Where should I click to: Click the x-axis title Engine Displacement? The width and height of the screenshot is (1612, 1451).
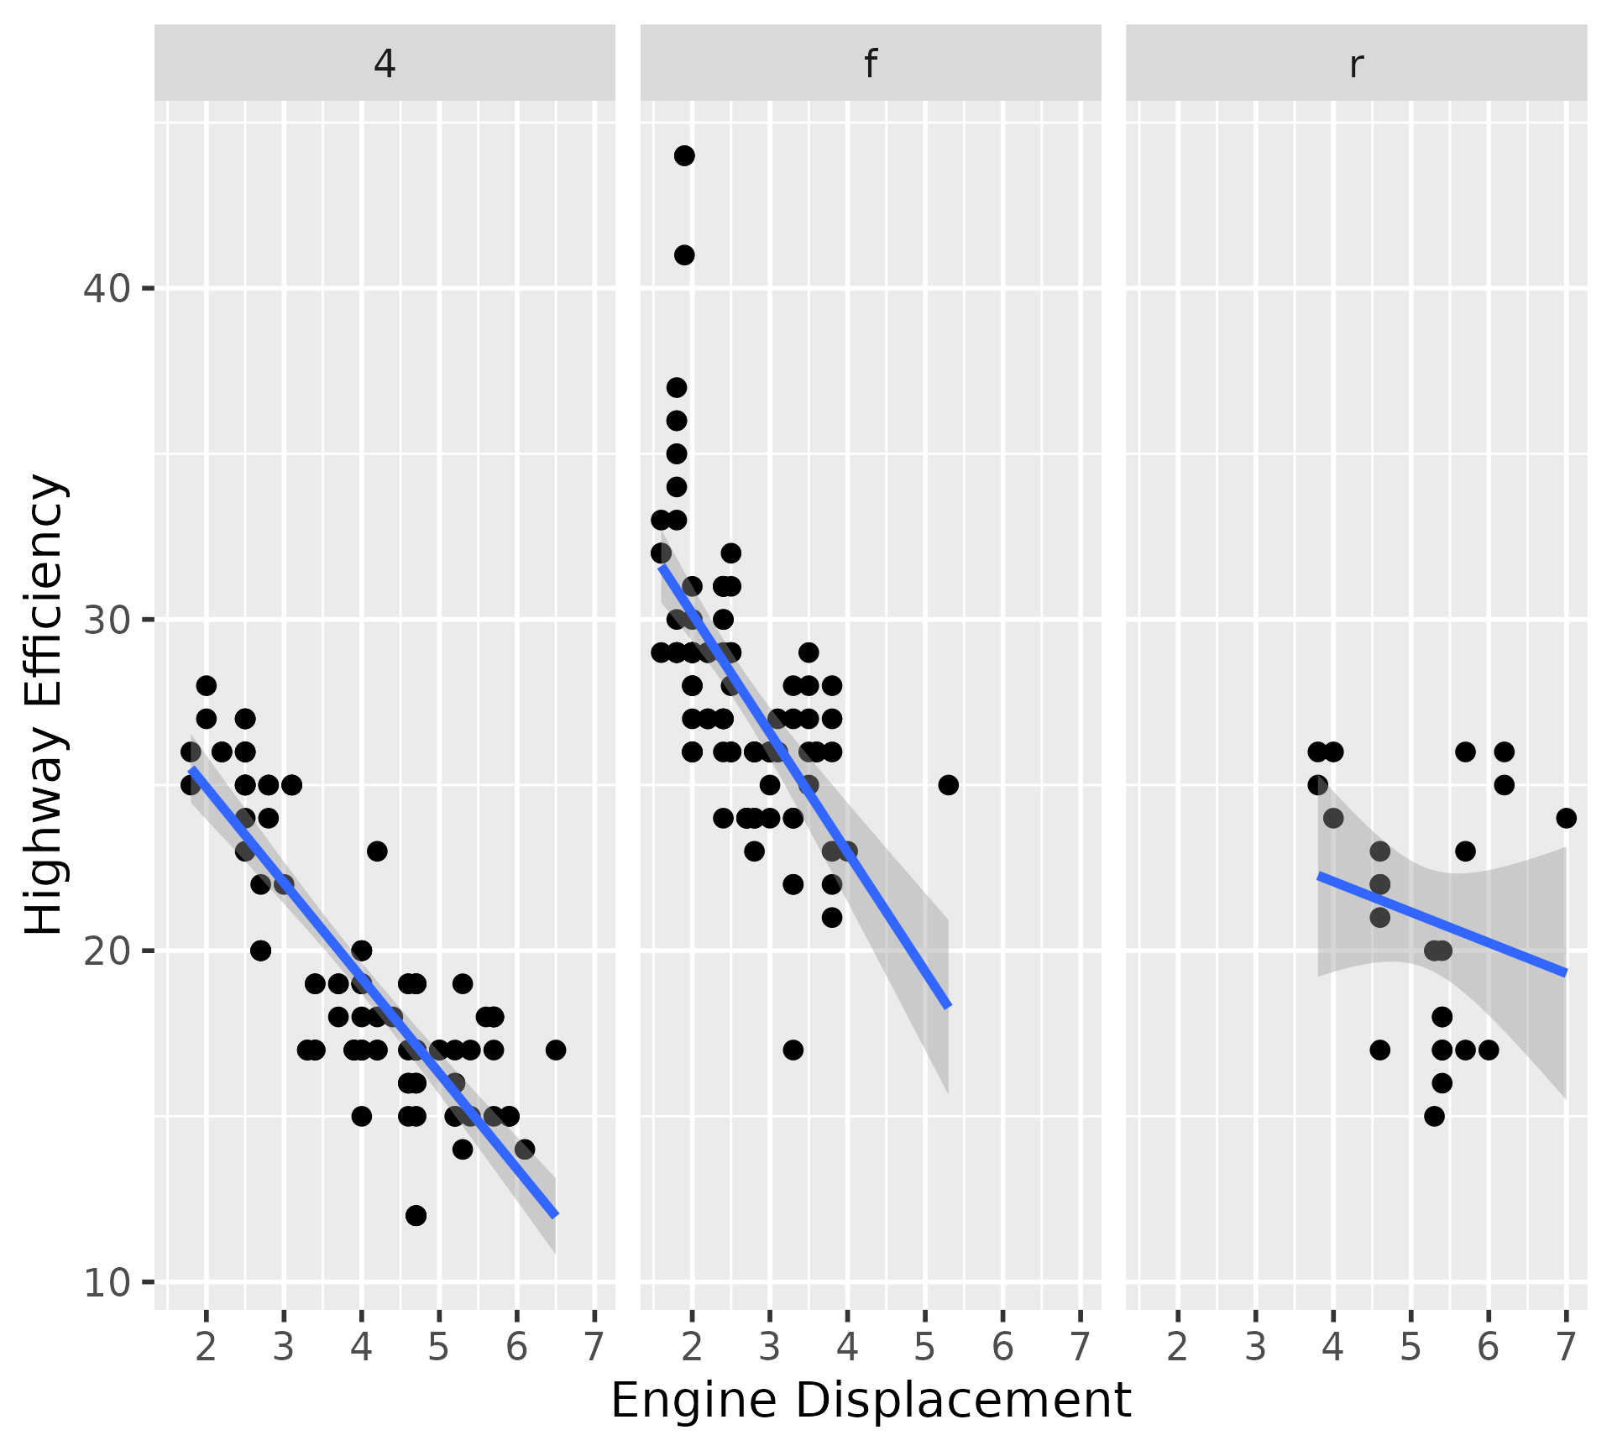[871, 1400]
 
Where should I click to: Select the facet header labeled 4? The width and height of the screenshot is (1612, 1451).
[385, 64]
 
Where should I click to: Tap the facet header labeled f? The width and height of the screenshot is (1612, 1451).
[871, 64]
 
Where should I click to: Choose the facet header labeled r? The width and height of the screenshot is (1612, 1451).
[1356, 64]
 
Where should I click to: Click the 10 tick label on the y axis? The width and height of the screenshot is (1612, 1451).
[107, 1282]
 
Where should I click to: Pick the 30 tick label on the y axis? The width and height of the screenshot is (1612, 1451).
[107, 621]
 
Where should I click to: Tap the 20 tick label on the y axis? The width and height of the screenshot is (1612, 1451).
[107, 951]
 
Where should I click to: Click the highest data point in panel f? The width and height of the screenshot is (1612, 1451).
[684, 156]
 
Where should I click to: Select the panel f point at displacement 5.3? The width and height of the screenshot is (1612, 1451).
[948, 785]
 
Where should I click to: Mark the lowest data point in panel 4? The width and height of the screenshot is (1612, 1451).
[416, 1216]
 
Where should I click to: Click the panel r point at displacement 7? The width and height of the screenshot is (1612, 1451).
[1566, 818]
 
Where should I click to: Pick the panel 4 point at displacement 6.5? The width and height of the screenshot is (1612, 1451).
[555, 1050]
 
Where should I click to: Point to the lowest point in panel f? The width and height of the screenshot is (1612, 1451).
[793, 1050]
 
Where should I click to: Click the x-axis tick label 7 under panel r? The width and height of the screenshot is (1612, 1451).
[1566, 1347]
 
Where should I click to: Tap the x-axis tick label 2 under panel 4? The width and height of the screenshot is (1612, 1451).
[206, 1347]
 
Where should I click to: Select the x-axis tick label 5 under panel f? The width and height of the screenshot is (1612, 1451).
[924, 1347]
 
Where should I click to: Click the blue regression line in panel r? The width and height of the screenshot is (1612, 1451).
[1442, 925]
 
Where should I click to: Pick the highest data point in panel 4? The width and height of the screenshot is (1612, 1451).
[206, 686]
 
